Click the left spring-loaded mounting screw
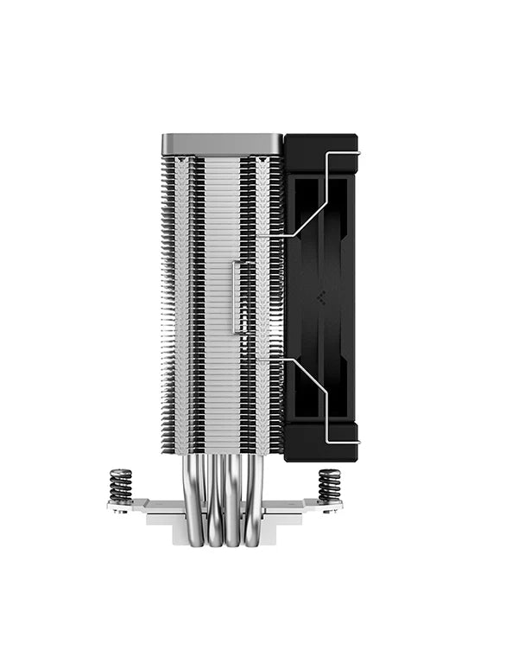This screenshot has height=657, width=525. coord(121,486)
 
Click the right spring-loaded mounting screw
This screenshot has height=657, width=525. coord(329,486)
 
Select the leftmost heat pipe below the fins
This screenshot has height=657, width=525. coord(196,501)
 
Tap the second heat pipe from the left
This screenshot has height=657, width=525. coord(214,501)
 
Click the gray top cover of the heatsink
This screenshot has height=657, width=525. coord(222,144)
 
